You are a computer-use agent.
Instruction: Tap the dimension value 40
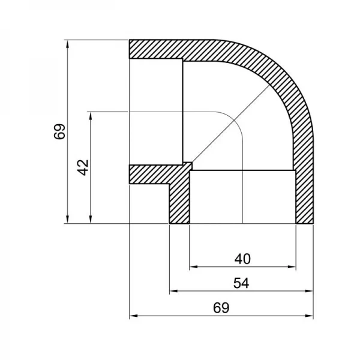pyautogui.click(x=242, y=259)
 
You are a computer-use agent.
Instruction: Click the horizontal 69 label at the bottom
pyautogui.click(x=221, y=307)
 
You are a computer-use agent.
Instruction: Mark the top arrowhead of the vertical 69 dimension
pyautogui.click(x=67, y=44)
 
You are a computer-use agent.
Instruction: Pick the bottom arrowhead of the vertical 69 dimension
pyautogui.click(x=67, y=219)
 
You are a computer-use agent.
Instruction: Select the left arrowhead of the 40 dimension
pyautogui.click(x=193, y=266)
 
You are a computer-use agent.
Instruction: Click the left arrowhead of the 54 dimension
pyautogui.click(x=173, y=290)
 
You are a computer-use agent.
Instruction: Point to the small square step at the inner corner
pyautogui.click(x=187, y=166)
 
